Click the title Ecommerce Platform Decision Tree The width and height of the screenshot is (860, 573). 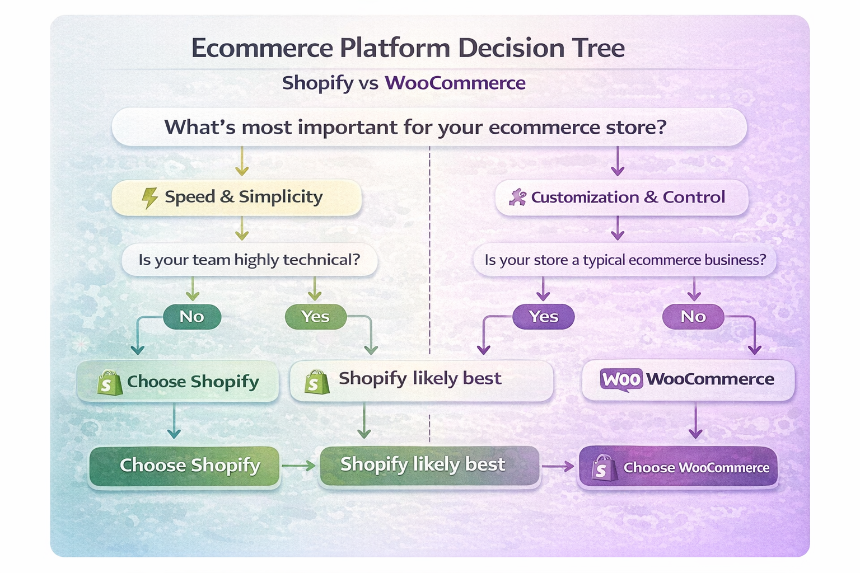click(408, 48)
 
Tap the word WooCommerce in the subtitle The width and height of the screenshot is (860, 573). click(455, 83)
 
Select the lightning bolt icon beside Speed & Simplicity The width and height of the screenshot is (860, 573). click(149, 198)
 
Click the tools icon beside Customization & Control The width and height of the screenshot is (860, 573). click(517, 198)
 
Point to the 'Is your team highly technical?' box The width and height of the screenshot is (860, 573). click(249, 260)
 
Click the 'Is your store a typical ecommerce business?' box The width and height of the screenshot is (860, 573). click(625, 260)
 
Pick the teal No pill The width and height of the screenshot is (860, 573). click(191, 317)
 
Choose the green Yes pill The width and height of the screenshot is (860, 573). click(315, 317)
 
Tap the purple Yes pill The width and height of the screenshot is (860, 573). click(543, 317)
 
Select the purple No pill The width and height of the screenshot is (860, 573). click(693, 317)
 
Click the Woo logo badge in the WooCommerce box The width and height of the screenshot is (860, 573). click(621, 379)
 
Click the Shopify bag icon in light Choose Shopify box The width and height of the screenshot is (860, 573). click(109, 383)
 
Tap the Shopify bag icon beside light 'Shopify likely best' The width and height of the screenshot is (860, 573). click(317, 383)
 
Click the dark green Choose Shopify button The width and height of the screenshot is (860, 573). click(184, 466)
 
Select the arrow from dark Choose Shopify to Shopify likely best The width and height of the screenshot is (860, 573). click(299, 466)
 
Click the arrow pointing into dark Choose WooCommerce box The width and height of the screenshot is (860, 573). click(558, 466)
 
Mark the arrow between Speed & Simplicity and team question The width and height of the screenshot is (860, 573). click(241, 229)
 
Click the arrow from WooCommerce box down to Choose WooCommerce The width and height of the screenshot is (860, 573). click(695, 422)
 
